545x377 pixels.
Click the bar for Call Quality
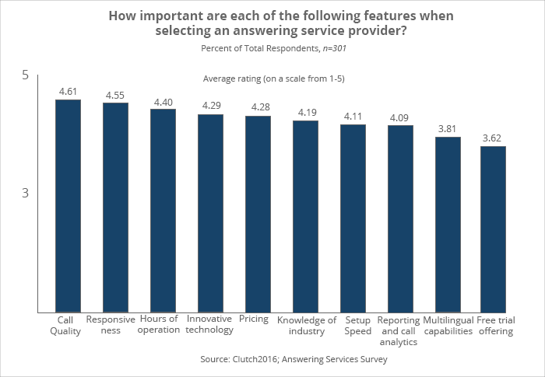click(68, 206)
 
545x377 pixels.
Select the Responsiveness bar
click(115, 208)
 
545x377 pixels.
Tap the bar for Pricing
click(258, 215)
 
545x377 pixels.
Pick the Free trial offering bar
click(494, 229)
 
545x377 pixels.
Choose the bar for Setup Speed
click(353, 218)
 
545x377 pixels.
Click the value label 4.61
click(69, 91)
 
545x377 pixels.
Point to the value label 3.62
click(492, 138)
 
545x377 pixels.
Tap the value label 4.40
click(163, 102)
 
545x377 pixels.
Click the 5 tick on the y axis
click(25, 75)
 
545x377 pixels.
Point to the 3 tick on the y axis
click(25, 193)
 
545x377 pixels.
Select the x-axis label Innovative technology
click(210, 324)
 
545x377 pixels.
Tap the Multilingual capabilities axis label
click(448, 325)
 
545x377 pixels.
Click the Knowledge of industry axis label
click(306, 325)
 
